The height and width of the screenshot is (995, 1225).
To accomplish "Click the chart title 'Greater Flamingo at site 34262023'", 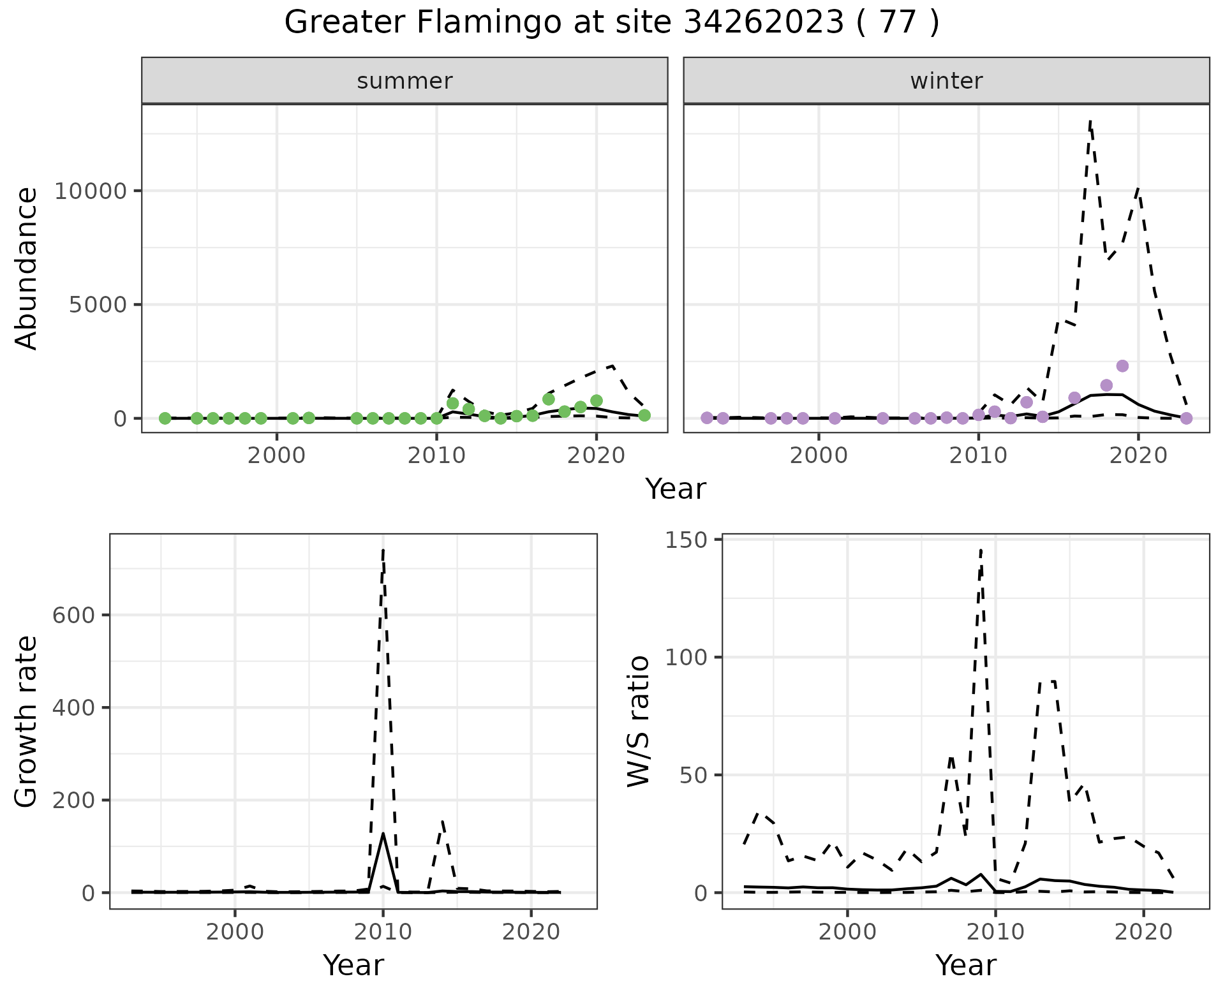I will click(611, 23).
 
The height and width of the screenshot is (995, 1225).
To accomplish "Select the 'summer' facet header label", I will click(405, 81).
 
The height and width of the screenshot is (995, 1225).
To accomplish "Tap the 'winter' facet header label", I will click(946, 81).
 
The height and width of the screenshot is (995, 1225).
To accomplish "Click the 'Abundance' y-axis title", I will click(27, 268).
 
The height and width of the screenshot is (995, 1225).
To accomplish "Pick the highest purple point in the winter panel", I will click(1122, 366).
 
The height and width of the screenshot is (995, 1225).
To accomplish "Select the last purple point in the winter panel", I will click(1186, 418).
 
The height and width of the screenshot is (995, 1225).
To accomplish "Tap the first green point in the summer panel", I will click(165, 418).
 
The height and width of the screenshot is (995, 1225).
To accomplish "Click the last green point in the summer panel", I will click(644, 415).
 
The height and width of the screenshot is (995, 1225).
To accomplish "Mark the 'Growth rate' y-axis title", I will click(27, 721).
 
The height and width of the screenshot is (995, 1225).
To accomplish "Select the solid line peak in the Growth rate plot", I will click(383, 833).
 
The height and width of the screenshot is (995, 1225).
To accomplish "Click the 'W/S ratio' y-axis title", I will click(639, 721).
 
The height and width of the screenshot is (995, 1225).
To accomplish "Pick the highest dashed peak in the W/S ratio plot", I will click(981, 549).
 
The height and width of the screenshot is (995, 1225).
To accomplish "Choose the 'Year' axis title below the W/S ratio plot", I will click(965, 965).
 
